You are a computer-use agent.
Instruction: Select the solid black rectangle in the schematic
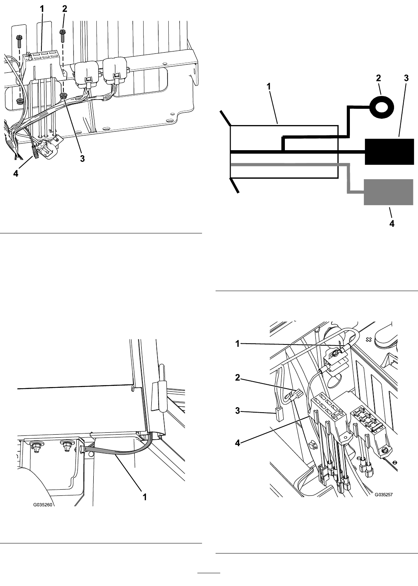389,151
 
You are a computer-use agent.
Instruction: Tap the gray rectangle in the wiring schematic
389,192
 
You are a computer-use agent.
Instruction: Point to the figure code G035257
384,494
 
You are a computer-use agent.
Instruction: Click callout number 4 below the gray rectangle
392,223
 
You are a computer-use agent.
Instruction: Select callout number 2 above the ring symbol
378,78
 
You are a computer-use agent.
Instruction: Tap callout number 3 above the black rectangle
406,78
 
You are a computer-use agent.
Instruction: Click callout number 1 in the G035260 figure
144,497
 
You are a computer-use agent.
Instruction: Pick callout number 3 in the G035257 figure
237,410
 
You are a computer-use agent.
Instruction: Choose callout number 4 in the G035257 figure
237,443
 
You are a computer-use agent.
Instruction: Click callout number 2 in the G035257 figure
237,377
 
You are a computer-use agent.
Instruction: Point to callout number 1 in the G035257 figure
237,343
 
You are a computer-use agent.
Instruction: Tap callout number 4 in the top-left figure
16,173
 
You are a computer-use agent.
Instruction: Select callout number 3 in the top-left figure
82,158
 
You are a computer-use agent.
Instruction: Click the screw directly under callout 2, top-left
63,36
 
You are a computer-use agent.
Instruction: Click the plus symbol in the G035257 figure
369,340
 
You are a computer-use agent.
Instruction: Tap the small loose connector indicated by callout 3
278,415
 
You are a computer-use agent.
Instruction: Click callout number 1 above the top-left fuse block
42,9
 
